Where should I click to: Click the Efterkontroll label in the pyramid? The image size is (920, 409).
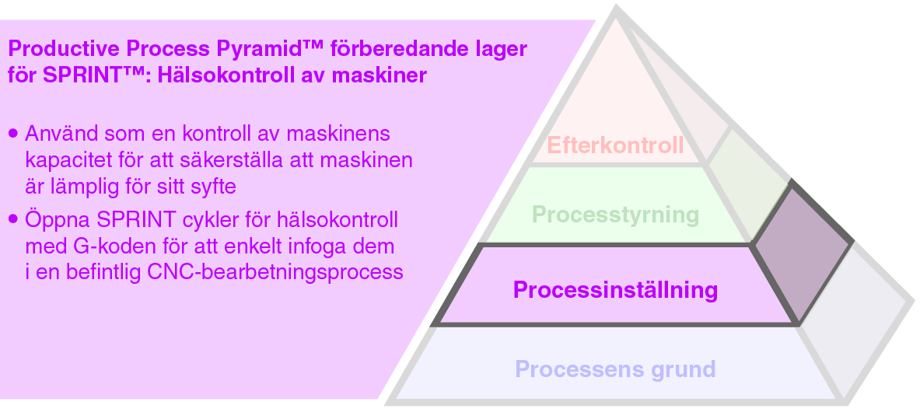[x=615, y=145]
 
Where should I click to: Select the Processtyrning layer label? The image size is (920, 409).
[x=615, y=214]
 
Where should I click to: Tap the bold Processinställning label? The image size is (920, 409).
[x=614, y=291]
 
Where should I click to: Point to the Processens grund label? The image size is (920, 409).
[x=614, y=369]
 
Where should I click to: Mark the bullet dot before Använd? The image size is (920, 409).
[x=13, y=134]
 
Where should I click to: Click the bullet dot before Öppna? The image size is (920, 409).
[x=13, y=219]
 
